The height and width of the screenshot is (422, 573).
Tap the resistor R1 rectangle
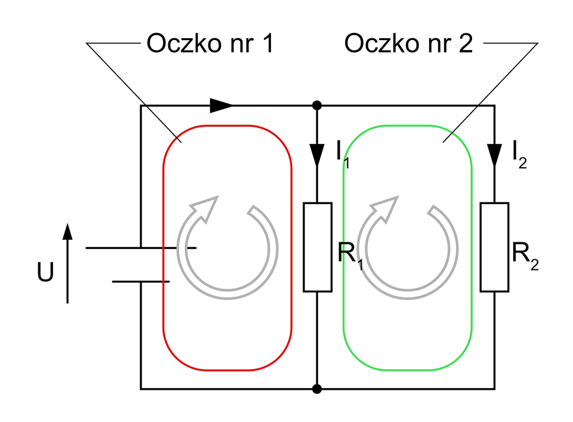click(x=318, y=247)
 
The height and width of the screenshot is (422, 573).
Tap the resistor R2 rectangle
click(x=494, y=247)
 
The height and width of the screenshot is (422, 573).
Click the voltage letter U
click(x=45, y=272)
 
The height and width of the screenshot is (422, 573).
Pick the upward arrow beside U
click(x=67, y=263)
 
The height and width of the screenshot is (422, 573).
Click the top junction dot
click(x=318, y=106)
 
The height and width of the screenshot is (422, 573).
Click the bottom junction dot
click(x=318, y=389)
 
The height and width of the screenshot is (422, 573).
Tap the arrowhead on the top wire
click(x=221, y=106)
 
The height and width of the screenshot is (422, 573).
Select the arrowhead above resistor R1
click(x=318, y=154)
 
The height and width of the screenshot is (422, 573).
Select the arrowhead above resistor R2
click(x=494, y=154)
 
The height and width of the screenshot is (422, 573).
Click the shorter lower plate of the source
click(x=141, y=281)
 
